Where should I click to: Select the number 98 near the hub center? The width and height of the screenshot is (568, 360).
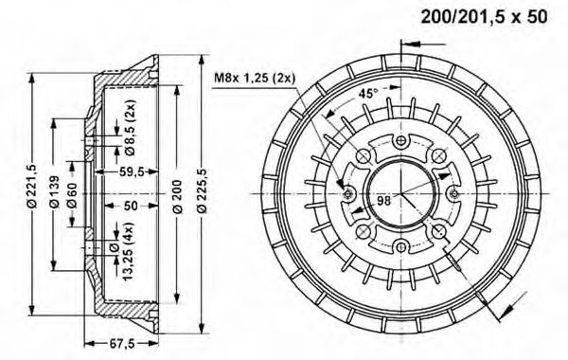pos(384,199)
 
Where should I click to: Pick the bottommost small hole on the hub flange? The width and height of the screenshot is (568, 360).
pos(400,246)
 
